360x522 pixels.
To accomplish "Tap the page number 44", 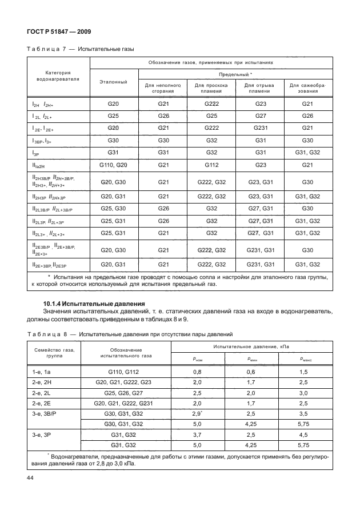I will pyautogui.click(x=29, y=477).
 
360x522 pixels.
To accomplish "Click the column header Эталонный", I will pyautogui.click(x=113, y=82).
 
